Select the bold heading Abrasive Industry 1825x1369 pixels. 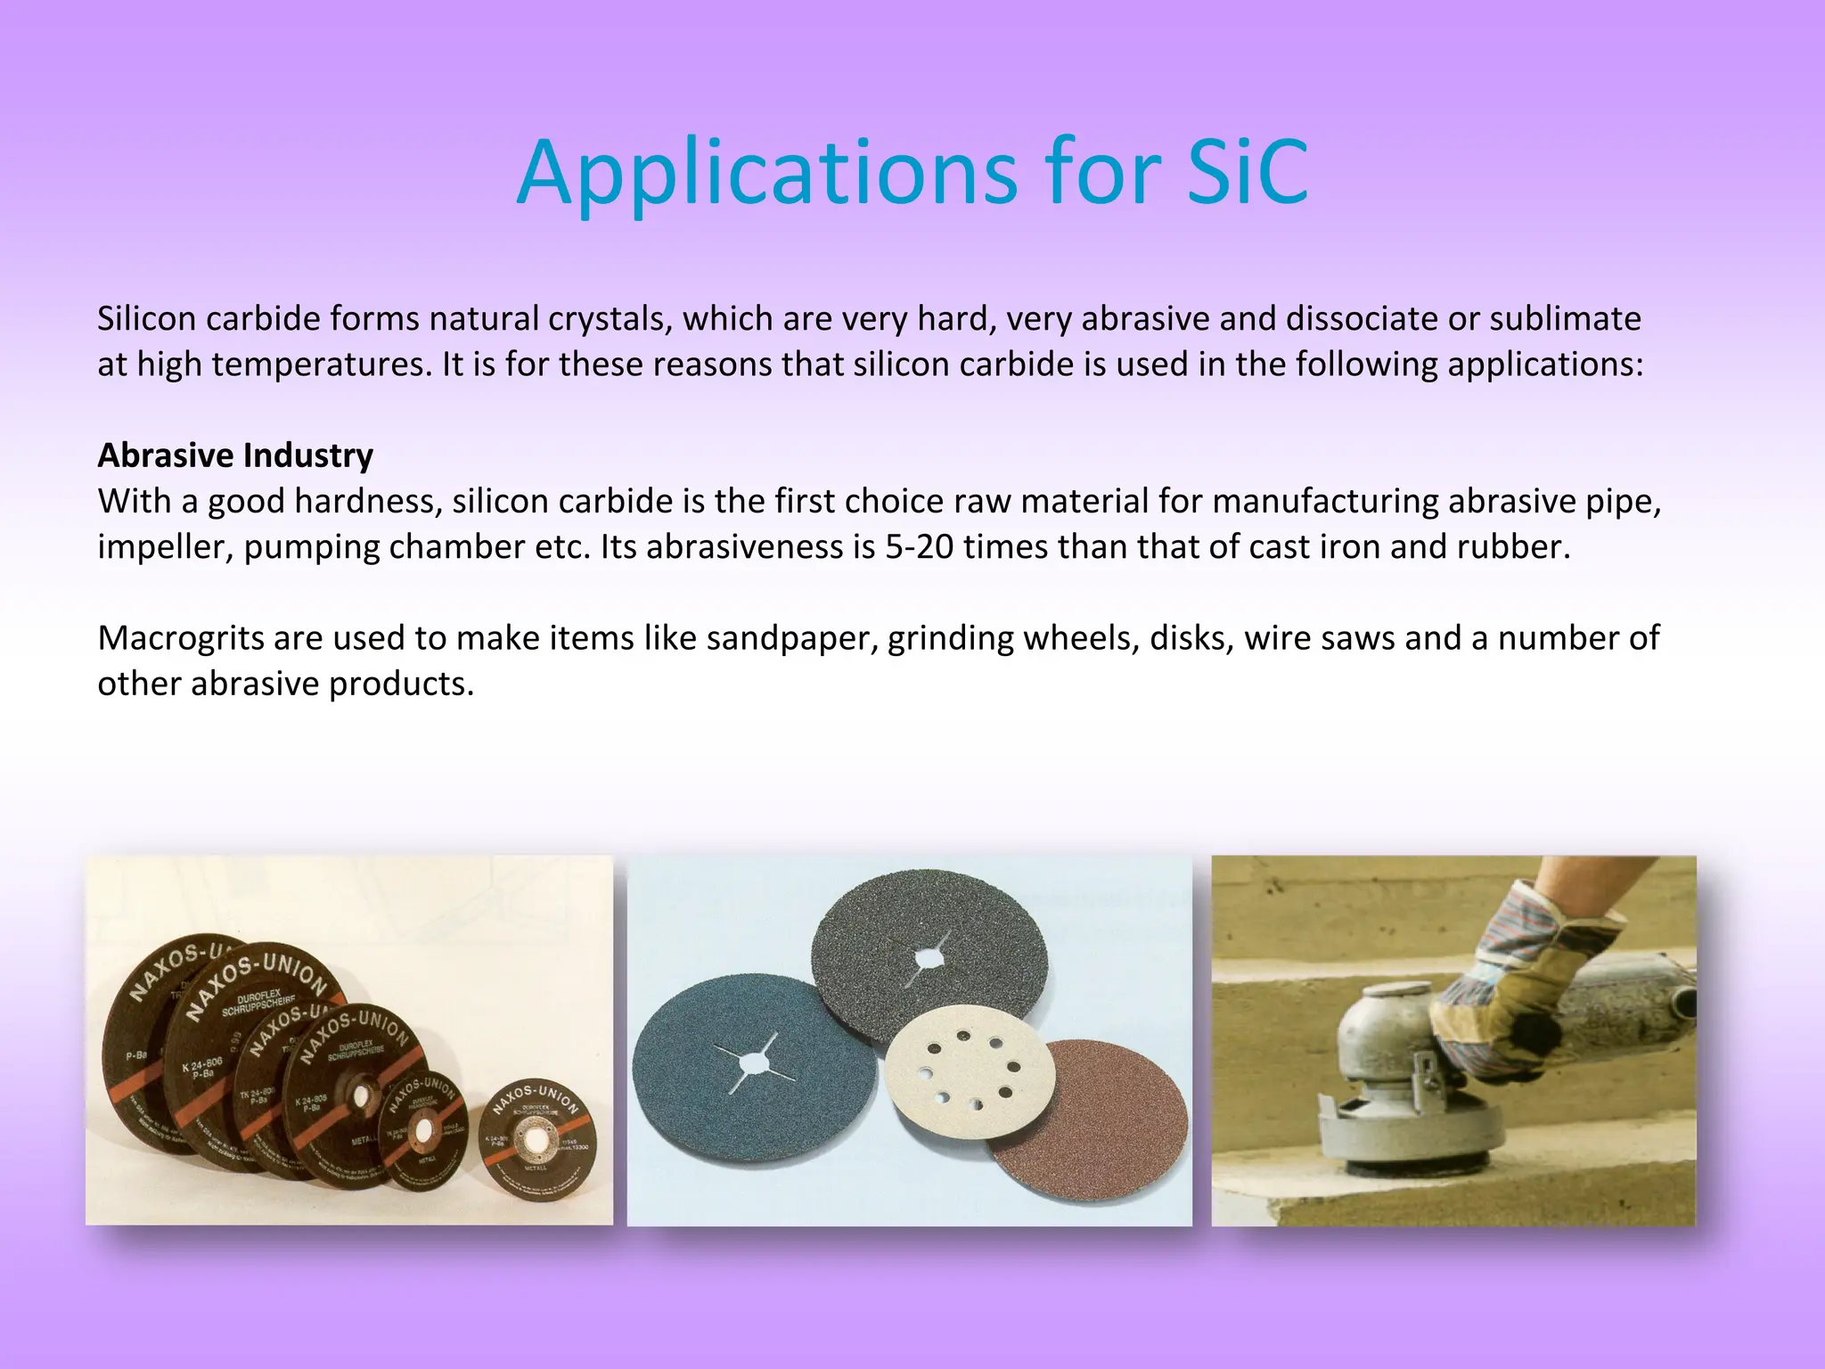click(x=235, y=455)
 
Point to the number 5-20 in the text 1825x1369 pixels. click(x=919, y=546)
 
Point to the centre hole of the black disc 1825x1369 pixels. click(x=927, y=957)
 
